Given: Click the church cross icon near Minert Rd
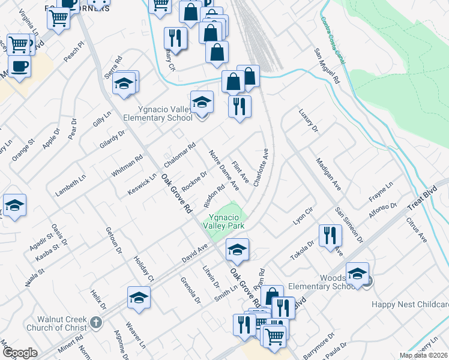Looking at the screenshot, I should [95, 324].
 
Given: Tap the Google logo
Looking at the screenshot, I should [20, 353].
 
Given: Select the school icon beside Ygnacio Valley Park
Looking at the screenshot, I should [238, 250].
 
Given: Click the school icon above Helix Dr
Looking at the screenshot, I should [139, 297].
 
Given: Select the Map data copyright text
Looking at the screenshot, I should [424, 355].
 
